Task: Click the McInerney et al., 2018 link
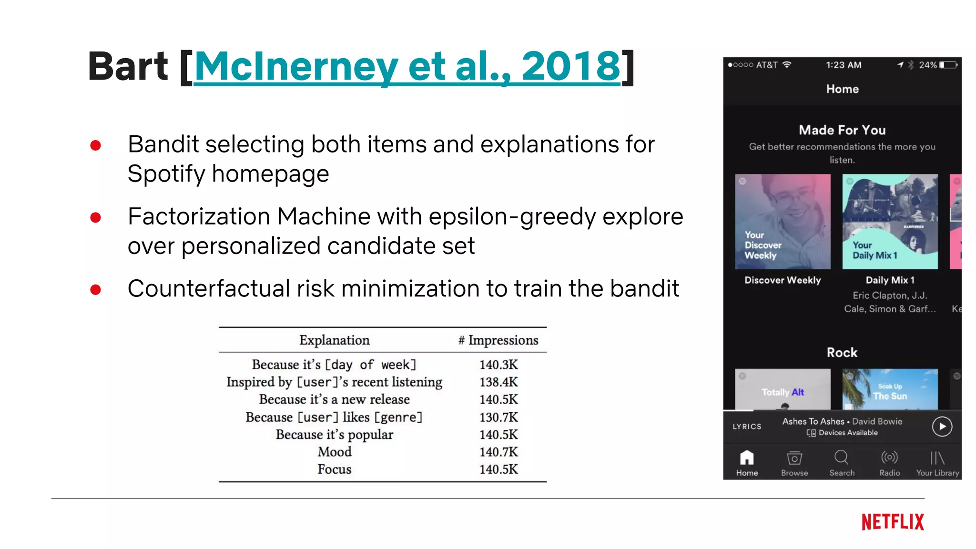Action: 407,67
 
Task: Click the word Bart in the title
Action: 128,67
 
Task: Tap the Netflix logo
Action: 893,522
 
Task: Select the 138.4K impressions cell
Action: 498,382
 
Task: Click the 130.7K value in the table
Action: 498,417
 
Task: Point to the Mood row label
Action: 335,452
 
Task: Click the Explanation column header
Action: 335,340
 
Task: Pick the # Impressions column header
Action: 498,340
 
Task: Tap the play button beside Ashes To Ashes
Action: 942,427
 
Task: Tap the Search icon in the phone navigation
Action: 842,457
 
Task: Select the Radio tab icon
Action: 889,457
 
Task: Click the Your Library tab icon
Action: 937,458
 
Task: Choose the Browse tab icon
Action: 794,458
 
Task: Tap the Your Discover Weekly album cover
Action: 783,222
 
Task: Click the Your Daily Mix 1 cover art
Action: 890,222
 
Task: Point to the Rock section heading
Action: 842,353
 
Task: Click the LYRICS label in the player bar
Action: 747,427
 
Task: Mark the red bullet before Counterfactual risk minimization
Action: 96,289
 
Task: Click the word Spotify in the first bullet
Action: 166,174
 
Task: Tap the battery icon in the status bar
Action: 948,65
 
